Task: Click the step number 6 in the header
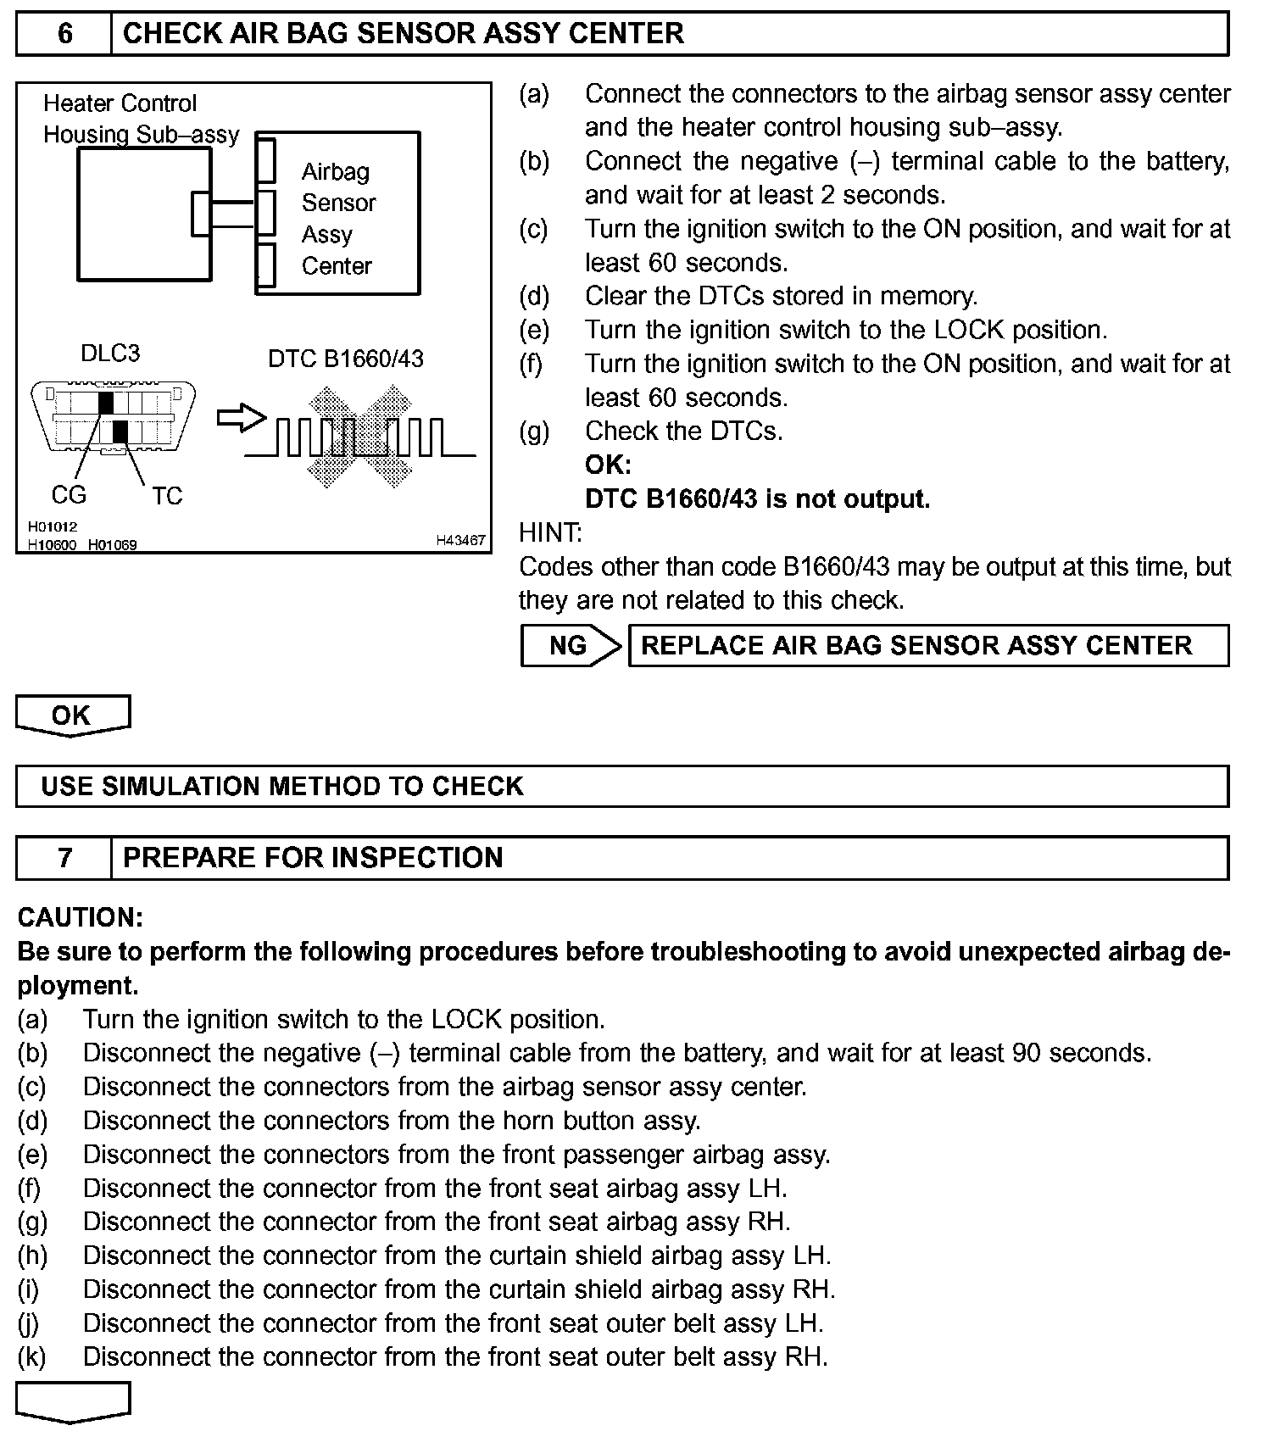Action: [x=64, y=33]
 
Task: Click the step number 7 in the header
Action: [x=64, y=857]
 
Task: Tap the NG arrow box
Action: [x=571, y=646]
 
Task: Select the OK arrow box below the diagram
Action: [x=73, y=715]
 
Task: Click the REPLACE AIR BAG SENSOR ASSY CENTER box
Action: [x=927, y=646]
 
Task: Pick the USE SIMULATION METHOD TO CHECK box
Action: [x=621, y=786]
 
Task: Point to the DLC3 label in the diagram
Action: [x=110, y=354]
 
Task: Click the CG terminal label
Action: [x=69, y=494]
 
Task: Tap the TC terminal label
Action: [x=167, y=496]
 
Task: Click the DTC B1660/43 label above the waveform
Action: [x=346, y=359]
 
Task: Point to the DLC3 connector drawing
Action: [x=113, y=418]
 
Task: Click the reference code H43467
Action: [x=460, y=540]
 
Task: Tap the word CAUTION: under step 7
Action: [x=81, y=917]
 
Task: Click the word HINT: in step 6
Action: [x=550, y=532]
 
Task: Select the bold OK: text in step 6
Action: [x=608, y=465]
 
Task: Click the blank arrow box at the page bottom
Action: [x=73, y=1400]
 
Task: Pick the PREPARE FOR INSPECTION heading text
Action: [x=313, y=857]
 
